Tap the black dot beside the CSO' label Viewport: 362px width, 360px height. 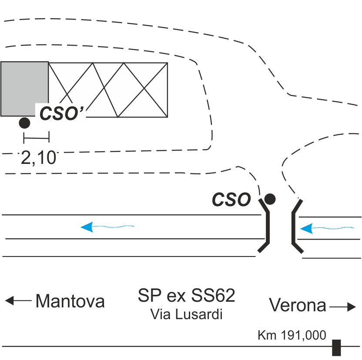coord(24,123)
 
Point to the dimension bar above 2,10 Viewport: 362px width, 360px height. coord(37,138)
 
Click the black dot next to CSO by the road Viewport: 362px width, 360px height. coord(270,199)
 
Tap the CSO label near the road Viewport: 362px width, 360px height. coord(231,200)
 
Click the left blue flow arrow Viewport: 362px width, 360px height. coord(107,227)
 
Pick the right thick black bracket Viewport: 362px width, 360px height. coord(295,226)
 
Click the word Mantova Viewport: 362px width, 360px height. coord(70,301)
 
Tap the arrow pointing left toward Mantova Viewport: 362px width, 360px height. coord(18,300)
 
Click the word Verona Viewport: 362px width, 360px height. coord(298,305)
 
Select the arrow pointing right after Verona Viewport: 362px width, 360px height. coord(342,307)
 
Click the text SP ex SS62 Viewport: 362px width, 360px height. coord(187,296)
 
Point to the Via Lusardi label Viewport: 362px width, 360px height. coord(186,313)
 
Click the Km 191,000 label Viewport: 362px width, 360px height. coord(292,335)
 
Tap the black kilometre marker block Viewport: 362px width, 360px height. coord(336,347)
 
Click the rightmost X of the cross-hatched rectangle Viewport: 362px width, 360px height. coord(143,90)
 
